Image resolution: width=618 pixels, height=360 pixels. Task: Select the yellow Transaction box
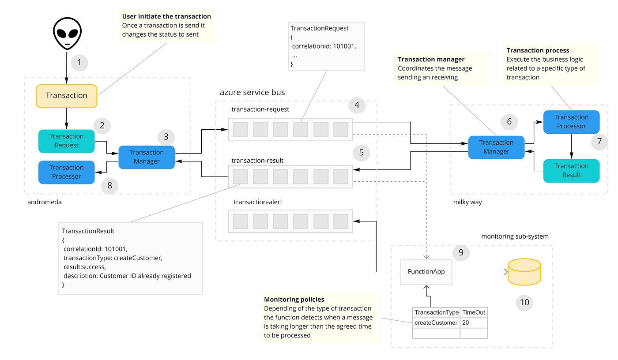[67, 96]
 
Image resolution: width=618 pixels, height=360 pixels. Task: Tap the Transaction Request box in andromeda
[67, 141]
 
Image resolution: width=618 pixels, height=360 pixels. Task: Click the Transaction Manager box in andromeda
[147, 157]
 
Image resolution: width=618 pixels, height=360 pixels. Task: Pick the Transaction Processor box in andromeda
[67, 172]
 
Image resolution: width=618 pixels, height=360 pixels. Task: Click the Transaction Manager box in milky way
[496, 147]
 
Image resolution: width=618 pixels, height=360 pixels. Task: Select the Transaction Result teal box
[571, 171]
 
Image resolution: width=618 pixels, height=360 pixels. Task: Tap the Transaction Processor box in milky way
[571, 122]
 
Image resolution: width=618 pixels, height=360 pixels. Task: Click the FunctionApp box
[426, 272]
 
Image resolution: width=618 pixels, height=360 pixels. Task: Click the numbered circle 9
[461, 252]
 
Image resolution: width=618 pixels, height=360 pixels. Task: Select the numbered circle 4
[357, 105]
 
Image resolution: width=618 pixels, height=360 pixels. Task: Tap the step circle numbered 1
[79, 62]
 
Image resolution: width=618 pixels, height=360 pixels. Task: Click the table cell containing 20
[474, 323]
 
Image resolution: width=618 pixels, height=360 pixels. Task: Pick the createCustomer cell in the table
[436, 323]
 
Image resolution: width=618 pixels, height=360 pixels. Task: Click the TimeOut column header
[474, 312]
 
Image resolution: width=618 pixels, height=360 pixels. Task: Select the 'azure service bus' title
[252, 93]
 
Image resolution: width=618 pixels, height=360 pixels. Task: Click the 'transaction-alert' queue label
[258, 202]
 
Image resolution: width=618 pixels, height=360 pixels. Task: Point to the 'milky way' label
[467, 202]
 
